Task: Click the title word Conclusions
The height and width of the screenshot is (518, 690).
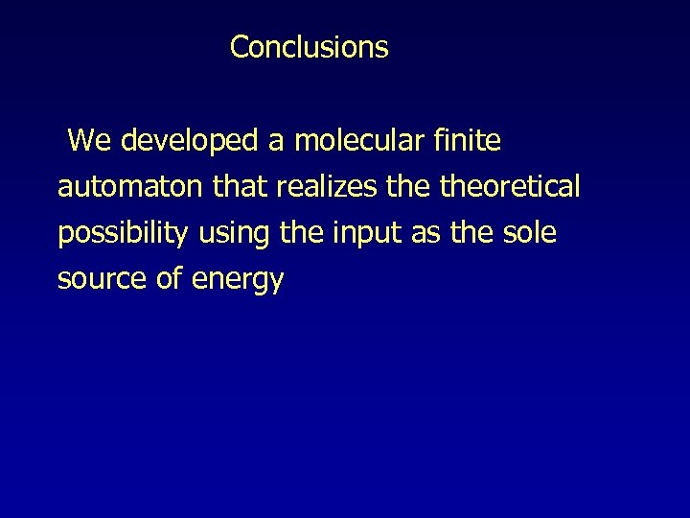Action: (309, 47)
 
